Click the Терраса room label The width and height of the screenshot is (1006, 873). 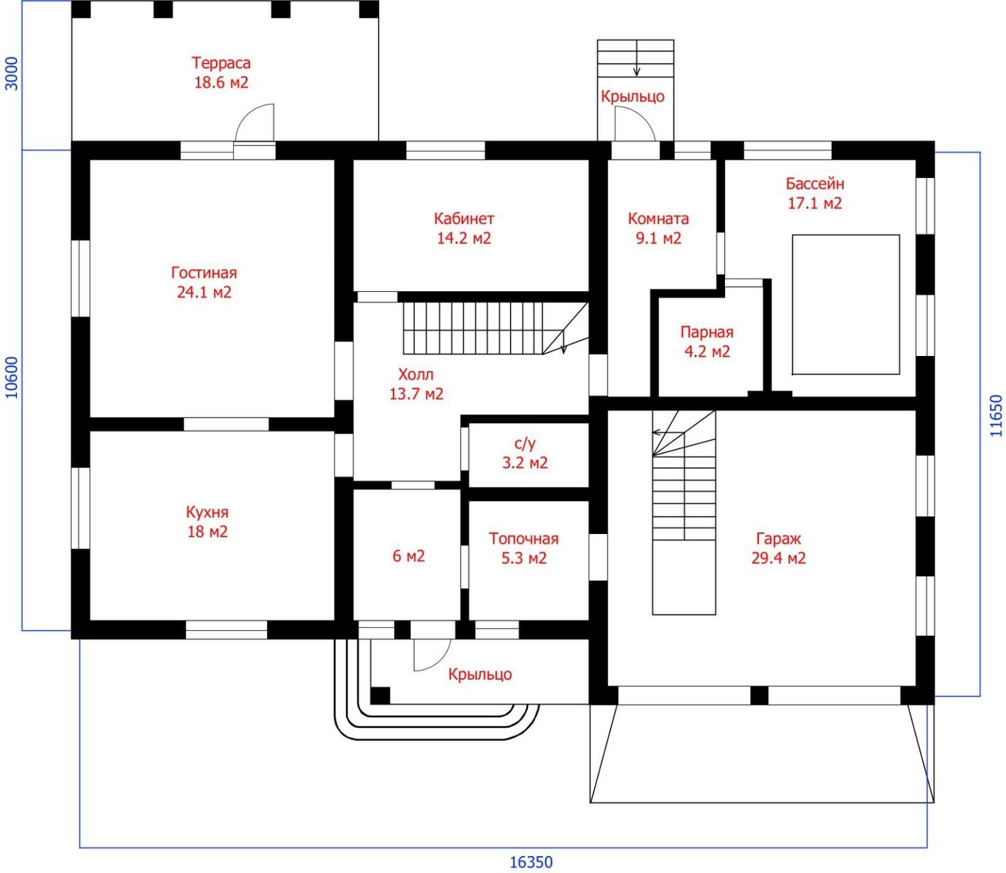coord(221,63)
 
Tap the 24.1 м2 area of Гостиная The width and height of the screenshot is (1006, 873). coord(204,292)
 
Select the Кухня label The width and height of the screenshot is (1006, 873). coord(207,512)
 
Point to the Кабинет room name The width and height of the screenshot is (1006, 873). coord(464,219)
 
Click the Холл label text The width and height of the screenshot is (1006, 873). coord(416,374)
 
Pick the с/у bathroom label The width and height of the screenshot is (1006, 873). coord(525,443)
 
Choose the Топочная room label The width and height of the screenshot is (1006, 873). coord(524,538)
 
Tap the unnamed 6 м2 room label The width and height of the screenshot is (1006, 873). coord(409,556)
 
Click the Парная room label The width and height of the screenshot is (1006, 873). coord(707,332)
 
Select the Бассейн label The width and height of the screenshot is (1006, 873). coord(815,184)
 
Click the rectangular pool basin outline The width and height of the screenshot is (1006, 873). coord(846,235)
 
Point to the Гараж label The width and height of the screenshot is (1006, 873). coord(778,539)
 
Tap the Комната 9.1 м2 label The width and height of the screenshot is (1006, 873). coord(658,228)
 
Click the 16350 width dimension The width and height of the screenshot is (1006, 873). coord(531,861)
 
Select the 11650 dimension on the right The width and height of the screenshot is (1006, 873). coord(995,416)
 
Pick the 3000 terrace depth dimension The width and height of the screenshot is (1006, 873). coord(12,74)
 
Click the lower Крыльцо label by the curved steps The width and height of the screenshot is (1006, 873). coord(480,674)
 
